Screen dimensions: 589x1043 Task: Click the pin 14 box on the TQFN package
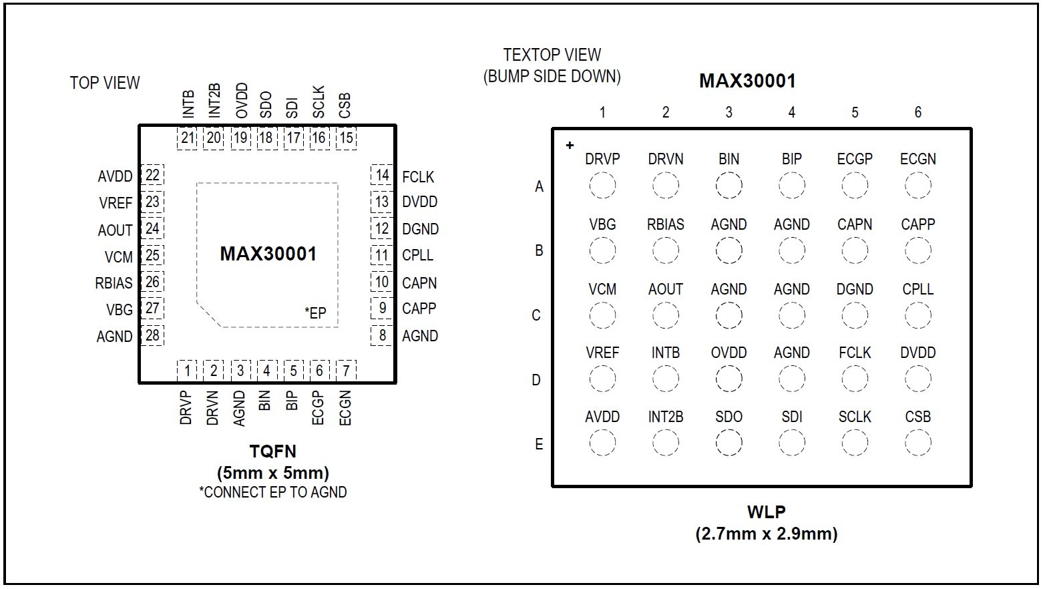[x=382, y=176]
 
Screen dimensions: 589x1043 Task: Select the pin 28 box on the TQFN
[x=153, y=335]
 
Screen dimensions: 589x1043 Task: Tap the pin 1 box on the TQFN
[x=187, y=371]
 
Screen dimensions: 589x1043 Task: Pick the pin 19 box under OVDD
[x=240, y=138]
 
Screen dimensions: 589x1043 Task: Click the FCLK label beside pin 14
[x=418, y=177]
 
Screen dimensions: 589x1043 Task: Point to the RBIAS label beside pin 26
[x=114, y=283]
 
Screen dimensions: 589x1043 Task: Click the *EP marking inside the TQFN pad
[x=315, y=313]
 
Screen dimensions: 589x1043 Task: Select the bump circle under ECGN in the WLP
[x=917, y=186]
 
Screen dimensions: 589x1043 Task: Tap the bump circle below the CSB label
[x=917, y=442]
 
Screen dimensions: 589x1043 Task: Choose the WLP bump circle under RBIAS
[x=666, y=250]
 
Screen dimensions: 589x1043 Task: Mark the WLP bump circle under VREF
[x=602, y=379]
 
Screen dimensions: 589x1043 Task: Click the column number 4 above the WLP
[x=791, y=112]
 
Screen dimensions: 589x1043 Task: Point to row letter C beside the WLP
[x=536, y=315]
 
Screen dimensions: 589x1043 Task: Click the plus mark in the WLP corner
[x=570, y=145]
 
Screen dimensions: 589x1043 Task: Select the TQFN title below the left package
[x=273, y=452]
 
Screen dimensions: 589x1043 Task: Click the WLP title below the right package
[x=766, y=512]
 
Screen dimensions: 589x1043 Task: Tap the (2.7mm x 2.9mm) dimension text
[x=766, y=534]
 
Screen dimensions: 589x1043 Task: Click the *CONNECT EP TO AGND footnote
[x=273, y=493]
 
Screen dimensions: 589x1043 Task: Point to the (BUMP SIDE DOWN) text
[x=552, y=76]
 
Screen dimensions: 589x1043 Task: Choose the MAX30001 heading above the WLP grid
[x=747, y=81]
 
